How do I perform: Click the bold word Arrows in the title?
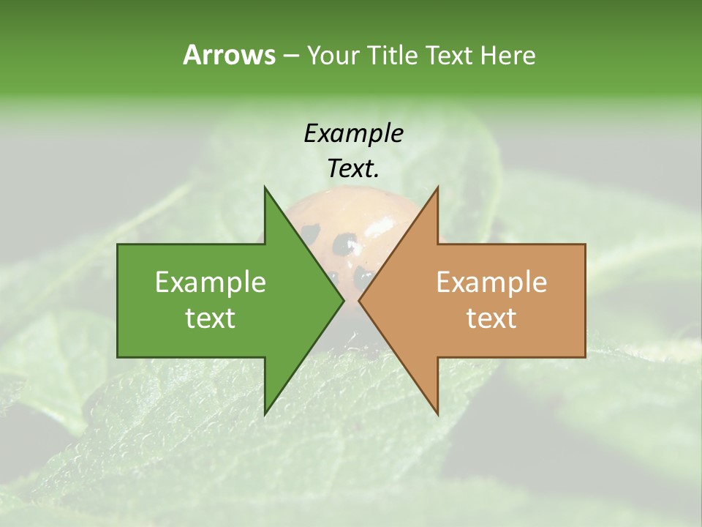(229, 55)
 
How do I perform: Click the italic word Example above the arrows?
(353, 134)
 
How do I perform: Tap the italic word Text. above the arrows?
(353, 169)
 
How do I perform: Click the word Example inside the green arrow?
(211, 282)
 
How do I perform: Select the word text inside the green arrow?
(211, 318)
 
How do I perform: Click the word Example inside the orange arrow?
(491, 282)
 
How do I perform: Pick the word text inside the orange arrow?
(491, 318)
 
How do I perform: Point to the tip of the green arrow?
(342, 301)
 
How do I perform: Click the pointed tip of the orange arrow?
(360, 301)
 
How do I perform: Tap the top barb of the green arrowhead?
(266, 192)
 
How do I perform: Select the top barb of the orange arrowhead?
(437, 192)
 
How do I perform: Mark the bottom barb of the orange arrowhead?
(437, 411)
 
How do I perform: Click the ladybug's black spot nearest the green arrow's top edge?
(311, 233)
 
